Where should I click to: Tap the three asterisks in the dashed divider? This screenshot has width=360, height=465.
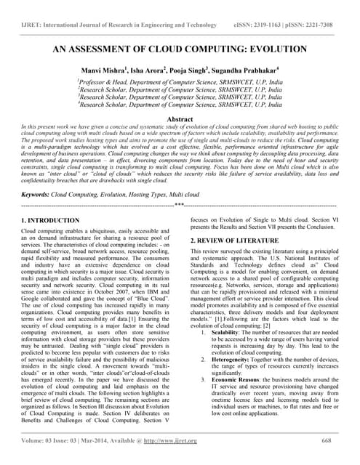click(179, 206)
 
